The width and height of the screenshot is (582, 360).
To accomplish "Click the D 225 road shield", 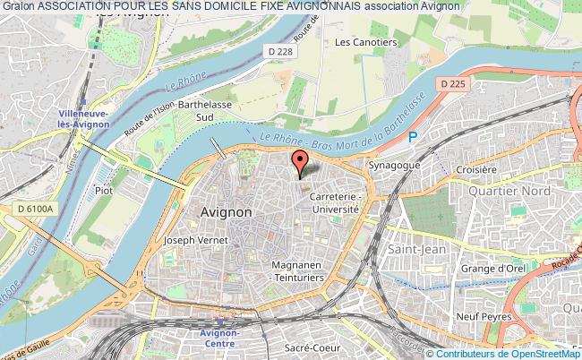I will pos(454,84).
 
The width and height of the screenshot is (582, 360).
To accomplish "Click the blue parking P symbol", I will pos(412,136).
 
